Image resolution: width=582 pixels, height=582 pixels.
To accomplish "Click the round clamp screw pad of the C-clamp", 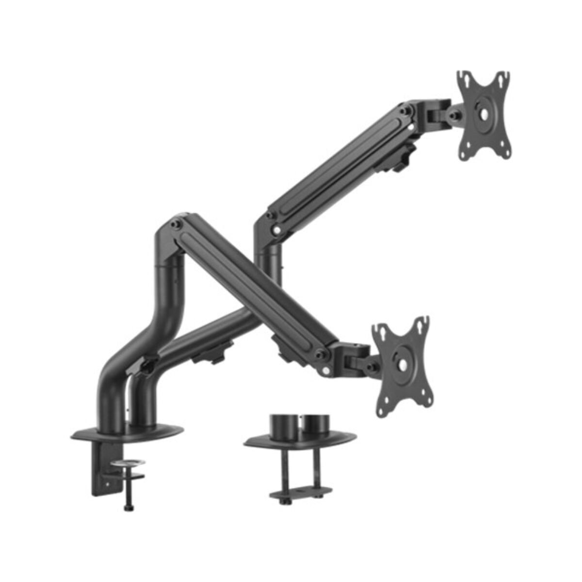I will click(x=127, y=464).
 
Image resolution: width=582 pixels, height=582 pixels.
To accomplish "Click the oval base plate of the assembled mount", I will click(x=127, y=433).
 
